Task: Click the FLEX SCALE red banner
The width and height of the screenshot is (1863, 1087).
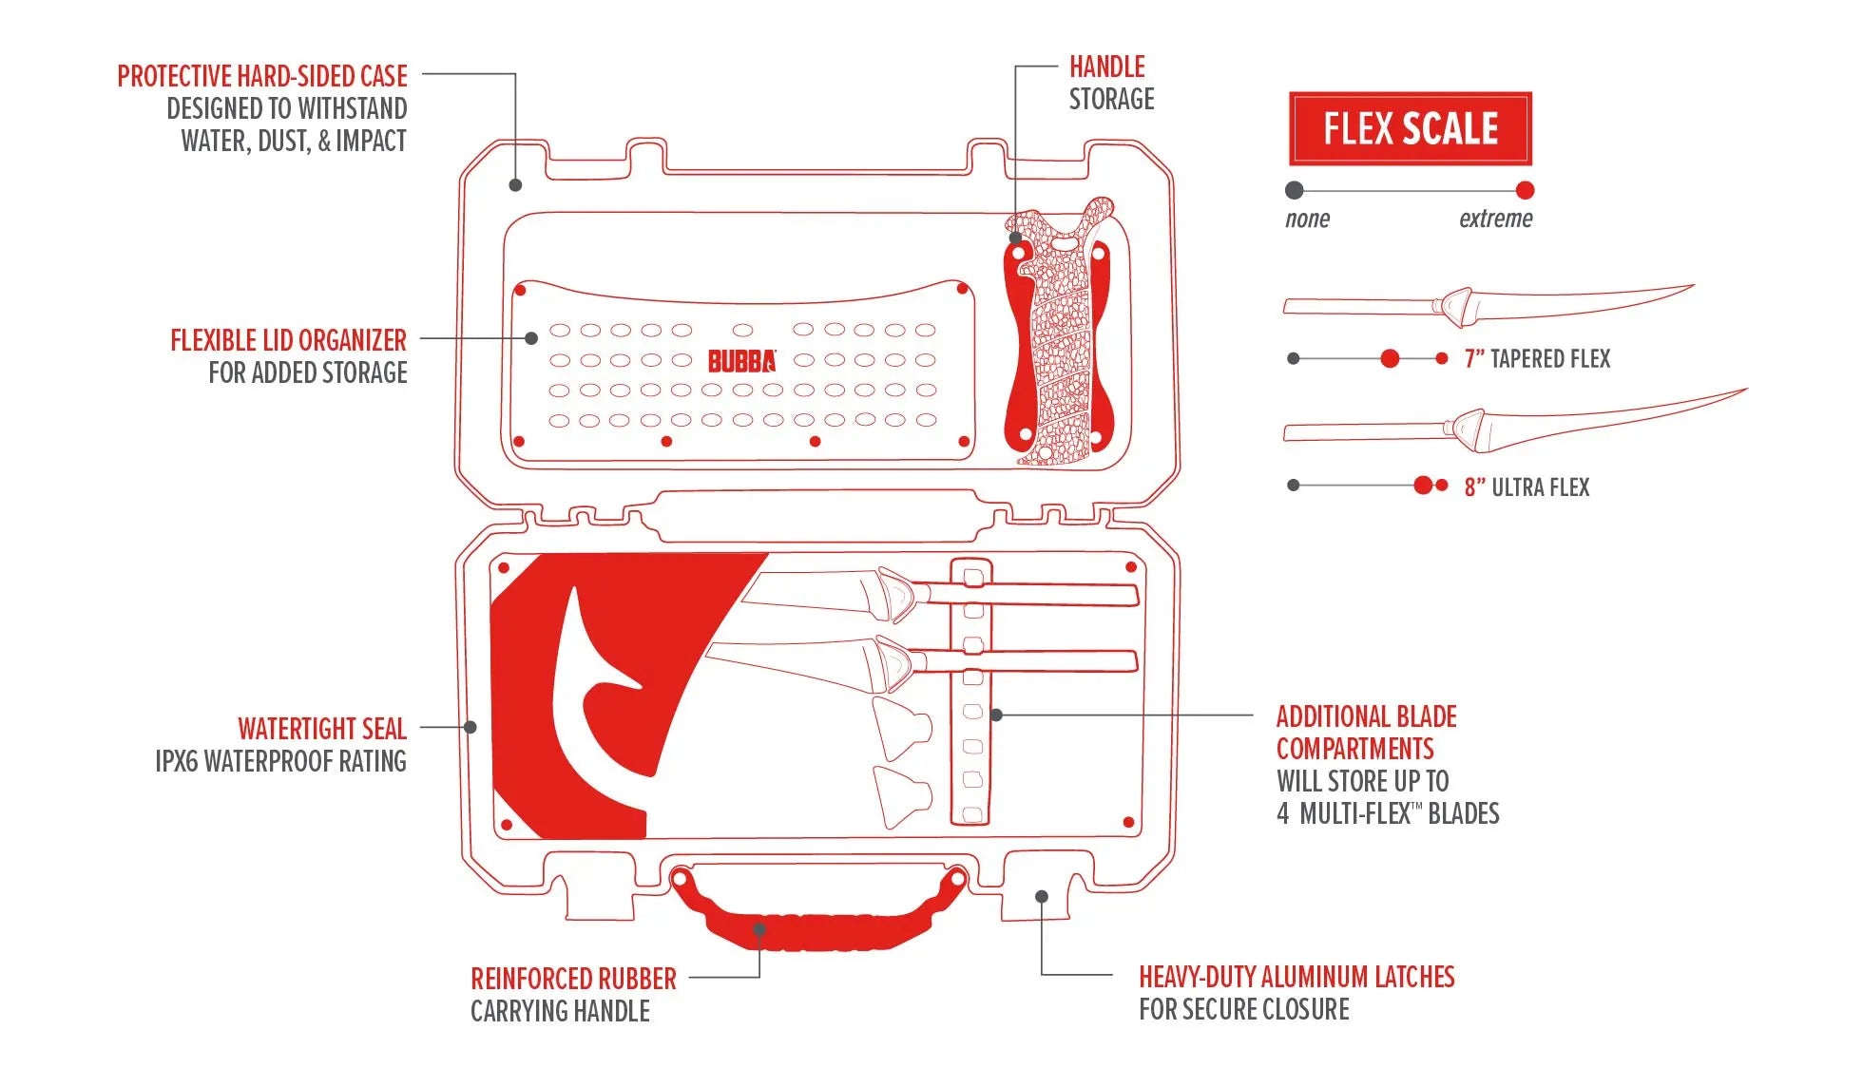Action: tap(1410, 128)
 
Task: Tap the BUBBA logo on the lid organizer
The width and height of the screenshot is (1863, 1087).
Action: tap(741, 361)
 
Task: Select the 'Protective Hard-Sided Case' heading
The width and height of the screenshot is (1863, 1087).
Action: tap(262, 76)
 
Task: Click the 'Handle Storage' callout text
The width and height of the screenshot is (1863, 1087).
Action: tap(1110, 83)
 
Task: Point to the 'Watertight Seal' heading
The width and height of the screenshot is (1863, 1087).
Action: tap(321, 729)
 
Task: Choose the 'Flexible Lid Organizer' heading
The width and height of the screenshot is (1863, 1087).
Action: tap(288, 340)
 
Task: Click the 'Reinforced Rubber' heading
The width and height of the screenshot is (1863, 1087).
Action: tap(573, 979)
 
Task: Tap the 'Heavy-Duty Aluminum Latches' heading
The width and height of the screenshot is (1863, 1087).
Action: tap(1296, 977)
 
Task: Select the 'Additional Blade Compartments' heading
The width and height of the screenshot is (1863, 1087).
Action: tap(1366, 733)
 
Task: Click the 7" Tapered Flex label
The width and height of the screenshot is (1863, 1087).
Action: tap(1537, 359)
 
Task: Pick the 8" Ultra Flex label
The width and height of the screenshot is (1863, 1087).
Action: tap(1527, 487)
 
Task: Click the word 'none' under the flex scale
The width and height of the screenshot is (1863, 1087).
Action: tap(1307, 219)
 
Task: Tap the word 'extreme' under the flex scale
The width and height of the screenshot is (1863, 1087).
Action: tap(1495, 219)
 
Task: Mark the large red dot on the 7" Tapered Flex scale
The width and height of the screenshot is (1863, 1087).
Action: tap(1390, 358)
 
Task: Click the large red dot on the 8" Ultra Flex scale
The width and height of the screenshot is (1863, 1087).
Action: tap(1423, 486)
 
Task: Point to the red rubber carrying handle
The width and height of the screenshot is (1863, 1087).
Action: tap(817, 922)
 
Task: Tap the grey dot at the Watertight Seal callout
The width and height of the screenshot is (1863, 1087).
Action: tap(471, 727)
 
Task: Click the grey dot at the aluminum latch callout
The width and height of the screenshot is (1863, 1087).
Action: tap(1042, 896)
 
